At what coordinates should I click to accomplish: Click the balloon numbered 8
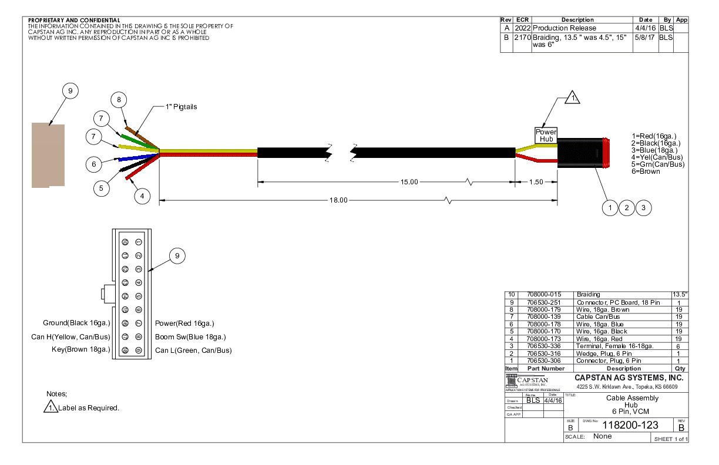[119, 100]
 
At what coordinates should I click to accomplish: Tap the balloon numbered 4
[142, 196]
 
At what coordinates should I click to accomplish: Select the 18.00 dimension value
[338, 200]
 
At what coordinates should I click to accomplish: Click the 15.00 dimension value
[409, 182]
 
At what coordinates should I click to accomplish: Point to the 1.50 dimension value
[536, 182]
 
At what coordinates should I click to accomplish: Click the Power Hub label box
[546, 136]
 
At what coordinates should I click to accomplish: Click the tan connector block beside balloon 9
[48, 156]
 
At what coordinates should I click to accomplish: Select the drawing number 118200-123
[630, 425]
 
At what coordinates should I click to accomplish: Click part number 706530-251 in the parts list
[544, 302]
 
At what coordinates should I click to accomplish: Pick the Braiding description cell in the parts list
[589, 294]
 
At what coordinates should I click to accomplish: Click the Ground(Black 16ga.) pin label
[76, 323]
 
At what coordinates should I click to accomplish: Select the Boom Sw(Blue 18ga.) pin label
[190, 337]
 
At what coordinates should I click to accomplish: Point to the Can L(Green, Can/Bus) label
[193, 351]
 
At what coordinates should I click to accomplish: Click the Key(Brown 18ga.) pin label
[81, 350]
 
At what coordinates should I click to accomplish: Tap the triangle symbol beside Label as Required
[51, 407]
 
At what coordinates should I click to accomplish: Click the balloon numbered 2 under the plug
[627, 207]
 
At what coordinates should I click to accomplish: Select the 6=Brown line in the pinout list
[646, 171]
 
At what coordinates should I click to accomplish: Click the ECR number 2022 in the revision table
[522, 28]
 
